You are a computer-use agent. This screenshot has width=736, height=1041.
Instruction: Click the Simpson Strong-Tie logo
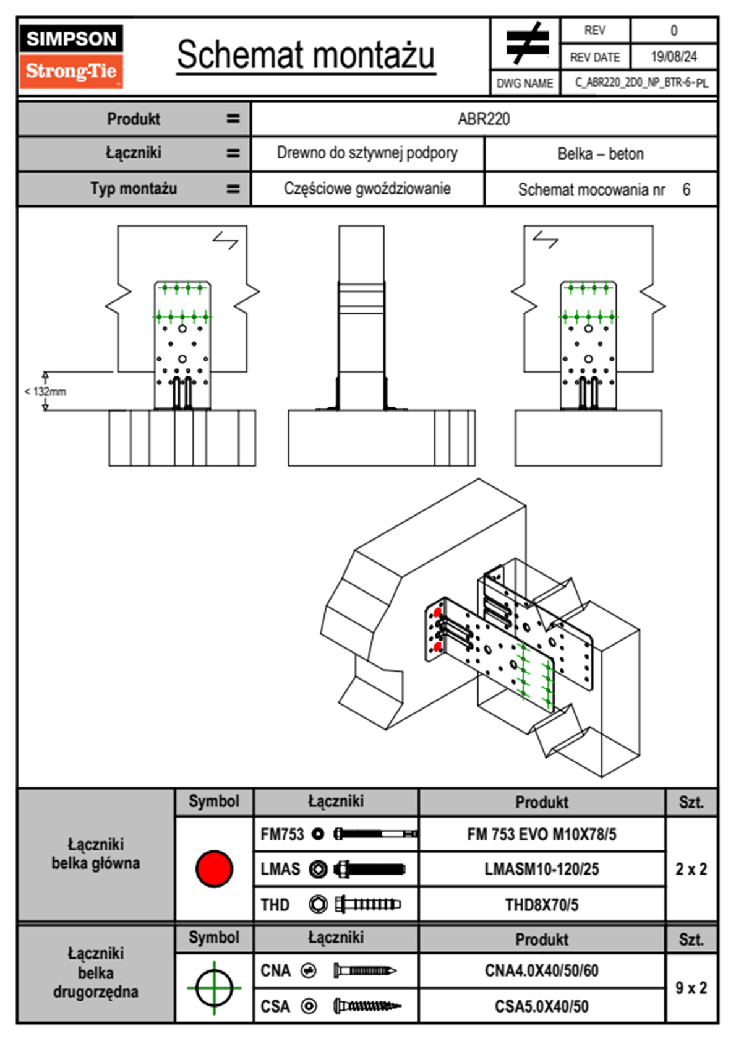tap(71, 56)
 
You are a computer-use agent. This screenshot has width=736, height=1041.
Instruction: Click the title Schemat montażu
tap(306, 55)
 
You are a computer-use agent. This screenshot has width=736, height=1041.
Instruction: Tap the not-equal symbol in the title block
tap(526, 43)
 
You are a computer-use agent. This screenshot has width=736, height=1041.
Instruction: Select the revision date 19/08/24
tap(674, 57)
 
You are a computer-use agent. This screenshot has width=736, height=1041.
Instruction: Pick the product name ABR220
tap(484, 119)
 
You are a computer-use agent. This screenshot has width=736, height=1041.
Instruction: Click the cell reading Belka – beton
tap(601, 153)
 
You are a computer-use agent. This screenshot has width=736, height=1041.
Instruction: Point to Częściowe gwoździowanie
tap(367, 189)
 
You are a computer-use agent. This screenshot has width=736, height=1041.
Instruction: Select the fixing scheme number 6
tap(687, 189)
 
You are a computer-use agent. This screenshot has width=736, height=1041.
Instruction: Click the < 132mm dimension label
tap(45, 392)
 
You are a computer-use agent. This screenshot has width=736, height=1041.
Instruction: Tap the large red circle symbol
tap(214, 868)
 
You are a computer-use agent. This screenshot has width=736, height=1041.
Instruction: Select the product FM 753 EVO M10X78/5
tap(542, 834)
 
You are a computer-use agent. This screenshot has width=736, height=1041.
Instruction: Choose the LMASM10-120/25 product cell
tap(542, 869)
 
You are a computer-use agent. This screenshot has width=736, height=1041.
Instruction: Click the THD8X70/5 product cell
tap(542, 905)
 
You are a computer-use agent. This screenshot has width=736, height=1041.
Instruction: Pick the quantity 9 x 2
tap(691, 988)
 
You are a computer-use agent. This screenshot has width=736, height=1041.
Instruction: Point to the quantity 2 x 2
tap(691, 869)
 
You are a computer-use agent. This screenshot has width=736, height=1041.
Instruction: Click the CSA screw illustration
tap(367, 1006)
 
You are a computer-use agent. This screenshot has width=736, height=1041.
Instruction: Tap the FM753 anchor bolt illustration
tap(375, 834)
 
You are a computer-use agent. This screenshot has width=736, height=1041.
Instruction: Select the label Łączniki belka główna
tap(96, 854)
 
